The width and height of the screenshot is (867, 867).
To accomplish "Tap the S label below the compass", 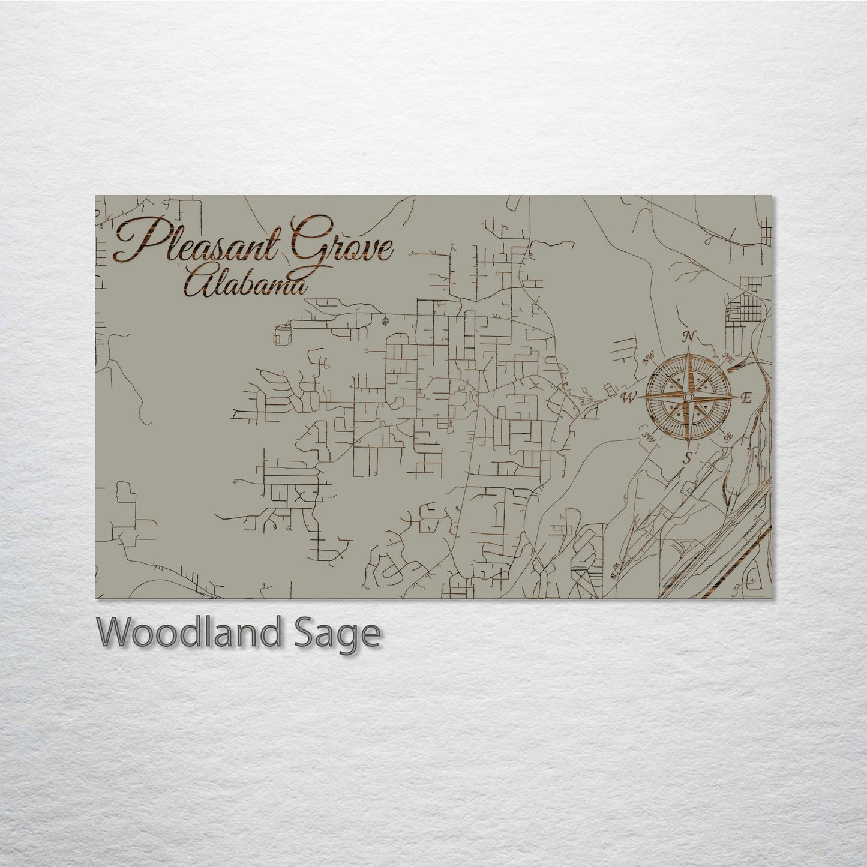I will click(x=688, y=458).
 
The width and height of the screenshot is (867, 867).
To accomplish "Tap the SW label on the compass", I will click(x=647, y=434).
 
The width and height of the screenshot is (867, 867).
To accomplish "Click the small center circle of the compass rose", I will click(x=688, y=397).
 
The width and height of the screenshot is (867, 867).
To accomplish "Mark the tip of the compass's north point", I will click(x=689, y=348).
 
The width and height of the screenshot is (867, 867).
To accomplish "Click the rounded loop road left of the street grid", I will click(x=281, y=332).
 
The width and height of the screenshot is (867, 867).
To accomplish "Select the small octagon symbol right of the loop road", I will click(x=385, y=320).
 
